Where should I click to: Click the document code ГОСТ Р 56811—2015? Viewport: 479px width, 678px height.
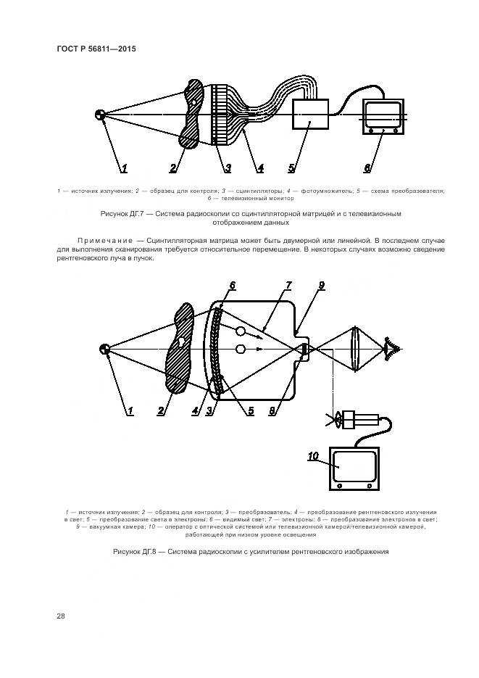[96, 49]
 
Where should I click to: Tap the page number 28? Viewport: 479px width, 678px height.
[61, 616]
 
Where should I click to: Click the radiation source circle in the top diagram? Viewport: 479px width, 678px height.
[101, 115]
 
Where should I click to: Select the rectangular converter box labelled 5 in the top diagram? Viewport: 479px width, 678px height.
[310, 115]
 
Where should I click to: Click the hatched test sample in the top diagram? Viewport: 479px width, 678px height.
[193, 114]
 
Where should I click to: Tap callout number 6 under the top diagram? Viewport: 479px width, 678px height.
[367, 168]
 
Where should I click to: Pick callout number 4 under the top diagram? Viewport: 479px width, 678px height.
[260, 168]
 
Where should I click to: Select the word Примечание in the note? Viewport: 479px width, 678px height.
[102, 239]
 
